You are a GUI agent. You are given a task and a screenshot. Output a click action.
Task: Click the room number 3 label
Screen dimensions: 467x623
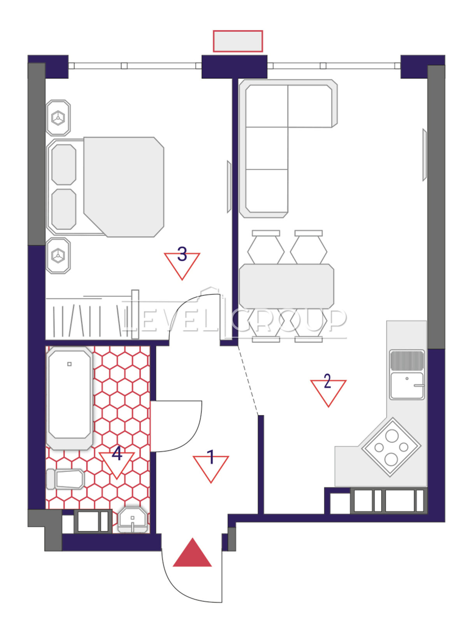click(182, 254)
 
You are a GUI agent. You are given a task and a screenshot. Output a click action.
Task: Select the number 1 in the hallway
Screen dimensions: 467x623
click(211, 457)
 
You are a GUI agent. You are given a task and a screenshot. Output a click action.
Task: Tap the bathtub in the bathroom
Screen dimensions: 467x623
click(69, 398)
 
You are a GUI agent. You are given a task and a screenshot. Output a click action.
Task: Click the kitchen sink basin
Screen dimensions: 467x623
click(407, 386)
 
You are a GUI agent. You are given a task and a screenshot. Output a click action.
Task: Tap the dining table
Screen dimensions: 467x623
click(286, 286)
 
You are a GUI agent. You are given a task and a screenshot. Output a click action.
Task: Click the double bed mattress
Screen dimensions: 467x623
click(124, 187)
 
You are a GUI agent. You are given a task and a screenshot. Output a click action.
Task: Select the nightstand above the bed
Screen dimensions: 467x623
click(58, 118)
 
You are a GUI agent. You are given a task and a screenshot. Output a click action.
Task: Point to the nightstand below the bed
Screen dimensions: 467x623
click(58, 255)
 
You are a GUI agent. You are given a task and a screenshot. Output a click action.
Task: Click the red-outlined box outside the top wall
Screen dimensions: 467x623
click(238, 41)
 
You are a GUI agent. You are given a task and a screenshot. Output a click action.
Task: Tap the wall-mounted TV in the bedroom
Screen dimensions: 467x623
click(229, 187)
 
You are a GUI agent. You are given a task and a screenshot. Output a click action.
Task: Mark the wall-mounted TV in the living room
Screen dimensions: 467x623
click(425, 155)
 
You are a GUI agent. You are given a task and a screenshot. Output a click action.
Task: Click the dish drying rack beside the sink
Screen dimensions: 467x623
click(407, 360)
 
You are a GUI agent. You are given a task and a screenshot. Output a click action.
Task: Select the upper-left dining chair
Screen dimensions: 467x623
click(266, 247)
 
